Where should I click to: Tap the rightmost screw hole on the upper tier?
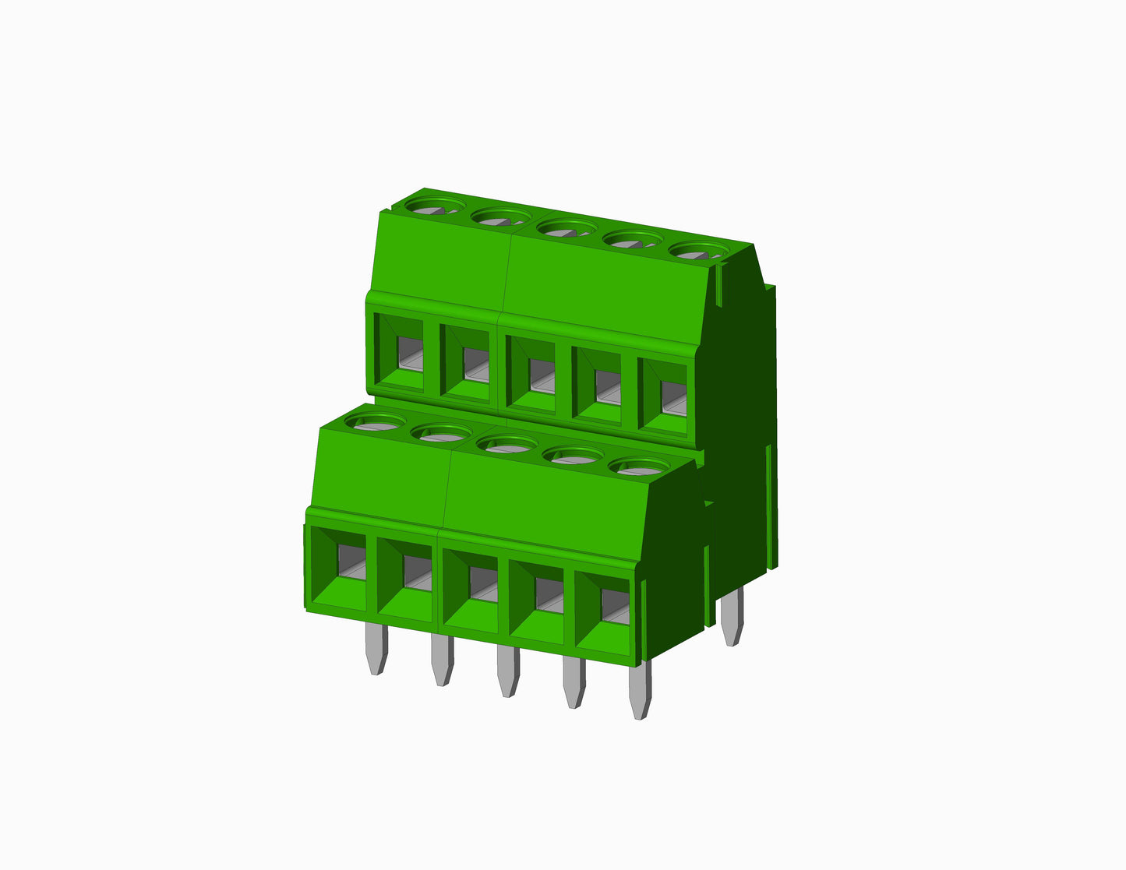point(697,251)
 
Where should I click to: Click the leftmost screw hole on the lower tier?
point(375,421)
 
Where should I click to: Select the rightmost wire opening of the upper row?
point(665,396)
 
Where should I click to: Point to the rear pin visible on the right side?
point(731,617)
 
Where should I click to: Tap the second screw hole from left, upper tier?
point(500,217)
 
